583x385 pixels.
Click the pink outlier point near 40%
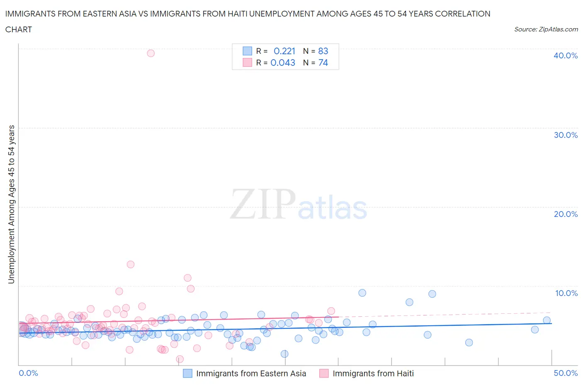[x=151, y=53]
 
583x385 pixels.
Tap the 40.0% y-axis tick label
[x=565, y=55]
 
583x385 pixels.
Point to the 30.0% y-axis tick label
[x=565, y=135]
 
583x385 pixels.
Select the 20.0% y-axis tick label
[x=565, y=214]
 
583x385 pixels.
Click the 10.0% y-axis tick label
[x=566, y=293]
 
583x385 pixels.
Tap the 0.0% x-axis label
[x=28, y=373]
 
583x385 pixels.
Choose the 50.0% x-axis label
[x=566, y=373]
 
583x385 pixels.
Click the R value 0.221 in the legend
[x=284, y=51]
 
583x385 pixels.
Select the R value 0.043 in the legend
[x=283, y=63]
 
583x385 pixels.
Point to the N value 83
[x=323, y=51]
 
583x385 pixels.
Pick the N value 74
[x=323, y=63]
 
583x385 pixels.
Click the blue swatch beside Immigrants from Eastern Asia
[x=188, y=373]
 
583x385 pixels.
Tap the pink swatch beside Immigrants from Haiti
[x=324, y=373]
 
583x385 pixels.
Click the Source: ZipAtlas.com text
[x=546, y=29]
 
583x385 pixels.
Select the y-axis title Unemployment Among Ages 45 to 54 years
[x=11, y=204]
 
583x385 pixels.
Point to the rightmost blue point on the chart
[x=547, y=320]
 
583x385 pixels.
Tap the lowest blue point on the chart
[x=284, y=354]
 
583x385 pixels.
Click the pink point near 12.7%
[x=131, y=264]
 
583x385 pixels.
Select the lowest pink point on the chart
[x=180, y=359]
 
